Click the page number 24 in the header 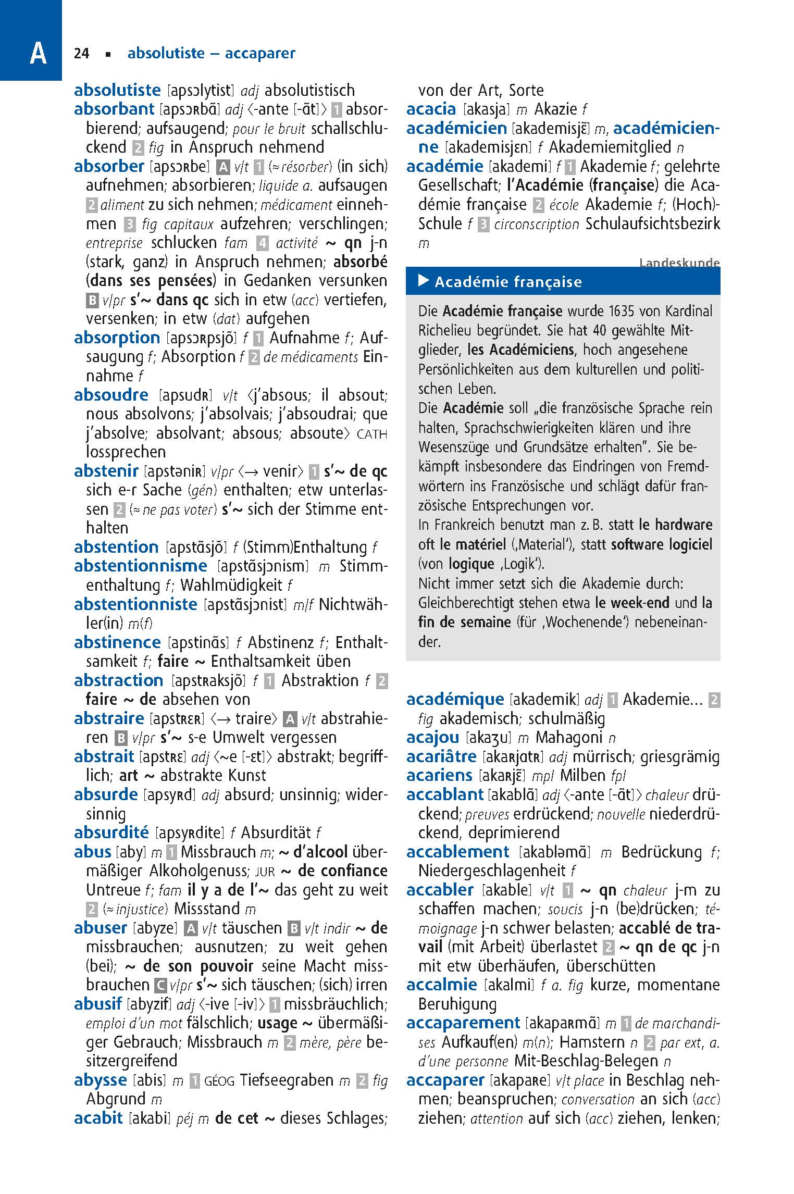82,53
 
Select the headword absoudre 111,395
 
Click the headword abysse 100,1080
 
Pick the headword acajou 432,737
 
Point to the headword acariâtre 441,756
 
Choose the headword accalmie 441,985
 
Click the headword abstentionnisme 141,566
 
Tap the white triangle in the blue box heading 424,281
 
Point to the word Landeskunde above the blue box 679,263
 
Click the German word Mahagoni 570,738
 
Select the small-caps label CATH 372,434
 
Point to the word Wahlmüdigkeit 231,585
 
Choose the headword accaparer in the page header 260,53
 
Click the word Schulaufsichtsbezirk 653,224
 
